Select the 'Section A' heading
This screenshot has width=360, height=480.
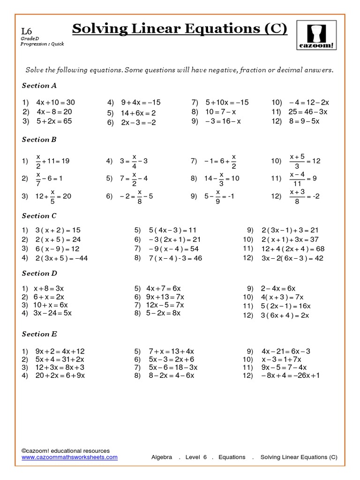pos(39,85)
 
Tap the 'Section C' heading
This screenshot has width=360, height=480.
pos(39,216)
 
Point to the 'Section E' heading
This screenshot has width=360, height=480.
pos(39,334)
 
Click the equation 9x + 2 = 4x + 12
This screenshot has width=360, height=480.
pos(60,351)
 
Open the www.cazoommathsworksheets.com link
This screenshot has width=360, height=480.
pos(70,457)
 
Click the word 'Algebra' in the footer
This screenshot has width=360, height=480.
pos(162,457)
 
